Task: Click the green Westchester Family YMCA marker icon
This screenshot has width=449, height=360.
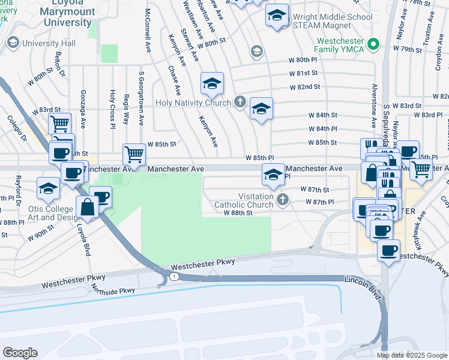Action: tap(373, 43)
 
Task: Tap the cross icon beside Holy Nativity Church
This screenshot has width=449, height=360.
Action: tap(240, 102)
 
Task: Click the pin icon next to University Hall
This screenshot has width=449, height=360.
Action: tap(13, 43)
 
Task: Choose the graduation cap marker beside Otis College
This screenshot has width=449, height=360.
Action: tap(48, 188)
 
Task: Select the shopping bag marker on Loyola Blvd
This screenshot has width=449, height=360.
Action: tap(88, 208)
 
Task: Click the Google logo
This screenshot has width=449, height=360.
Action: tap(20, 353)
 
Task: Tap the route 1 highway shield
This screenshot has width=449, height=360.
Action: tap(173, 276)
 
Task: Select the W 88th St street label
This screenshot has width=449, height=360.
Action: tap(238, 212)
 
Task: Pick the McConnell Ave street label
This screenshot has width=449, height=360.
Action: tap(147, 30)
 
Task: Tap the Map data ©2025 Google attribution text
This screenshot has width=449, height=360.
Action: tap(412, 355)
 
